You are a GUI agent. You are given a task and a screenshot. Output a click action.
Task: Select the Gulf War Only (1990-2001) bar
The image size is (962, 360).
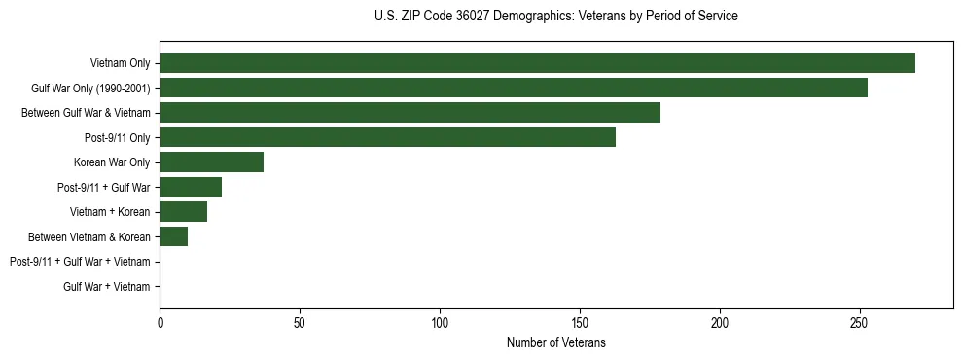click(x=514, y=88)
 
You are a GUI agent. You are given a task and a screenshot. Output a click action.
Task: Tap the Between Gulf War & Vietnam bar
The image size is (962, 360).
click(x=410, y=113)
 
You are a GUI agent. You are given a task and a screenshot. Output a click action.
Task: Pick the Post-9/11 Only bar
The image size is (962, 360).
click(x=387, y=137)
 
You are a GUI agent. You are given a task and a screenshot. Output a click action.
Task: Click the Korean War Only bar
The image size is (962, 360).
click(x=211, y=162)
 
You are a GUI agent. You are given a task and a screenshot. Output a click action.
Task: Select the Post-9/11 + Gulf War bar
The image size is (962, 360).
click(x=191, y=187)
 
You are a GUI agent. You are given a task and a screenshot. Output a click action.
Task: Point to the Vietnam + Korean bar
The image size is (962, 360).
click(x=183, y=212)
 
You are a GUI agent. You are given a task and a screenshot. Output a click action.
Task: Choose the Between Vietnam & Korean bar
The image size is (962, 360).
click(x=173, y=236)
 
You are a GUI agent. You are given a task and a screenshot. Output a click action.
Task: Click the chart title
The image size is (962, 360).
click(x=556, y=17)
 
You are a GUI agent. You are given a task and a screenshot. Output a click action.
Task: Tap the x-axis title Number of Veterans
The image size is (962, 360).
click(x=556, y=342)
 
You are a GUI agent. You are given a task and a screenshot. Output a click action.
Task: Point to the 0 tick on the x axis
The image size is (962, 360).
click(x=160, y=322)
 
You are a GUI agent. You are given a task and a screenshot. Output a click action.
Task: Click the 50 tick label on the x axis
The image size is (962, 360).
click(x=300, y=322)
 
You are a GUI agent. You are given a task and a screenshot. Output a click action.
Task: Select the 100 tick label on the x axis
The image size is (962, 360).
click(x=440, y=322)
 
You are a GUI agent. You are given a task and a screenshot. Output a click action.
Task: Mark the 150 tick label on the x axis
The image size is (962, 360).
click(x=580, y=322)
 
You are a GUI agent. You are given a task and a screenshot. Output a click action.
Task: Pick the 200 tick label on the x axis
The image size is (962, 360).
click(x=720, y=322)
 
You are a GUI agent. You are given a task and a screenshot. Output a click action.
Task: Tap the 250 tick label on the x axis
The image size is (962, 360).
click(x=859, y=322)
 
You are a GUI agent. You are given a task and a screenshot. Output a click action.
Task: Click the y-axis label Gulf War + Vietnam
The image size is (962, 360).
click(x=107, y=287)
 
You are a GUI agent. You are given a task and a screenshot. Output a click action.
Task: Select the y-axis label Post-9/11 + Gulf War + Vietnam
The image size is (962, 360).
click(x=80, y=262)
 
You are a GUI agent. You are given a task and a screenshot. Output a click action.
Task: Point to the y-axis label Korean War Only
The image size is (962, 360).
click(x=112, y=162)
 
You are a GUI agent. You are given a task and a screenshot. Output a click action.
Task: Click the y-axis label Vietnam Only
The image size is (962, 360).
click(x=121, y=63)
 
